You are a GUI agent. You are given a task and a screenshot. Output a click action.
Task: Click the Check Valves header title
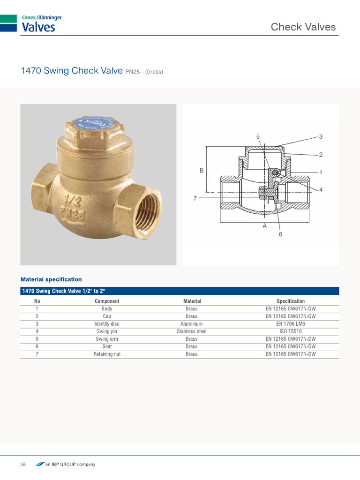[x=303, y=27]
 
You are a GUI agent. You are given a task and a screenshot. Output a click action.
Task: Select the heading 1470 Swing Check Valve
[x=72, y=71]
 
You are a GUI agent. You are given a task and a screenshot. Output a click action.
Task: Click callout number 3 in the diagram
[x=321, y=137]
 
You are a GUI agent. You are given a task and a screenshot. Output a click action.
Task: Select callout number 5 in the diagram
[x=258, y=137]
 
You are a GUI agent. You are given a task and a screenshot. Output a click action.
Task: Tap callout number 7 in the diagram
[x=195, y=198]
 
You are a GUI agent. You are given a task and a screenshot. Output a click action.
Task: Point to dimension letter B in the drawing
[x=202, y=171]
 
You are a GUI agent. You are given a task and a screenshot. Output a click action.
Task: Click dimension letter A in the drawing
[x=265, y=226]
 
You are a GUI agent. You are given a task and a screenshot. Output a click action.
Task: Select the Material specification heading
[x=51, y=279]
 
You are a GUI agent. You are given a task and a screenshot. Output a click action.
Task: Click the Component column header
[x=107, y=301]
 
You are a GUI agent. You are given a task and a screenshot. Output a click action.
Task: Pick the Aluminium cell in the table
[x=191, y=324]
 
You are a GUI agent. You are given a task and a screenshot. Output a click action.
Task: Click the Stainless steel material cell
[x=191, y=331]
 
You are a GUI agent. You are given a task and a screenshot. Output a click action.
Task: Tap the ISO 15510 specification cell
[x=291, y=331]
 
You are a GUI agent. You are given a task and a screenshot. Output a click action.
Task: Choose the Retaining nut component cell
[x=107, y=354]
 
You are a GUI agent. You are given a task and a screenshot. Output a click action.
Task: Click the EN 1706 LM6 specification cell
[x=291, y=324]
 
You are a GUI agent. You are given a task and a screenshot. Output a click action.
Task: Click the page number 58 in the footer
[x=23, y=464]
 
